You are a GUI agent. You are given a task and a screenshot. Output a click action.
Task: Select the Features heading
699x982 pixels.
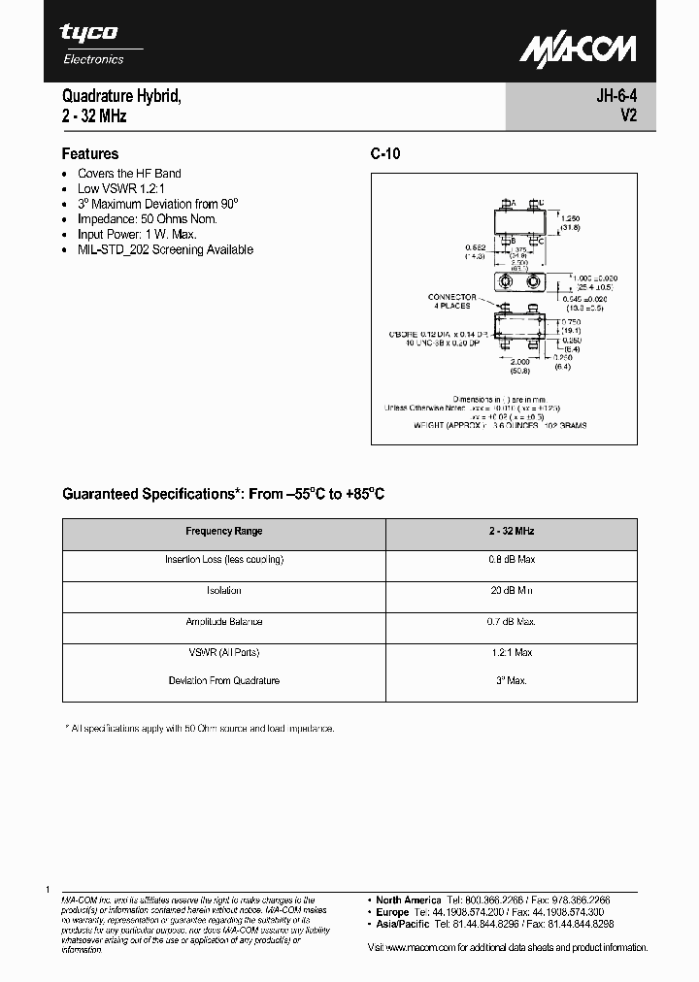(x=90, y=153)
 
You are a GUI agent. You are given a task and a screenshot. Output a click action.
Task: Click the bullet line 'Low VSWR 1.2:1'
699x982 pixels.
(x=121, y=188)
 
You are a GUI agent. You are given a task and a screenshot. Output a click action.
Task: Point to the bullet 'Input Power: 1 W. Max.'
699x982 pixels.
(x=137, y=234)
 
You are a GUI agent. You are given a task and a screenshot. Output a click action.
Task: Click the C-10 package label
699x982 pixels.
(x=385, y=153)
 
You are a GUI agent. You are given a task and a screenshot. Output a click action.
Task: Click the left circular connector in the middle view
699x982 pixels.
(x=505, y=282)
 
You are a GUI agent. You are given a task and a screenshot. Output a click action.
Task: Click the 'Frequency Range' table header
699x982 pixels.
(x=223, y=532)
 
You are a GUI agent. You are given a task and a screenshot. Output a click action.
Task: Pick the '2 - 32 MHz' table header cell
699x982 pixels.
(x=511, y=532)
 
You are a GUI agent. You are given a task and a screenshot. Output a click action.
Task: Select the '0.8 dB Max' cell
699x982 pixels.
(x=511, y=560)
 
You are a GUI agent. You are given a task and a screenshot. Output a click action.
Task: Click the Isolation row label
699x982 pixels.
(x=223, y=591)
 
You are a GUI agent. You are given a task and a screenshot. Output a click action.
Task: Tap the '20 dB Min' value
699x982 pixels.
(x=511, y=591)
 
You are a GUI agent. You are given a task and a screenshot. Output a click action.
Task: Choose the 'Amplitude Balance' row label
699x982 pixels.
(x=223, y=622)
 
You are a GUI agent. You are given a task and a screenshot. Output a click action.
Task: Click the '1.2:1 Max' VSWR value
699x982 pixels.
(x=511, y=652)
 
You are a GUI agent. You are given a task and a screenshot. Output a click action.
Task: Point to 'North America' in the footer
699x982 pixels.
(x=409, y=900)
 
